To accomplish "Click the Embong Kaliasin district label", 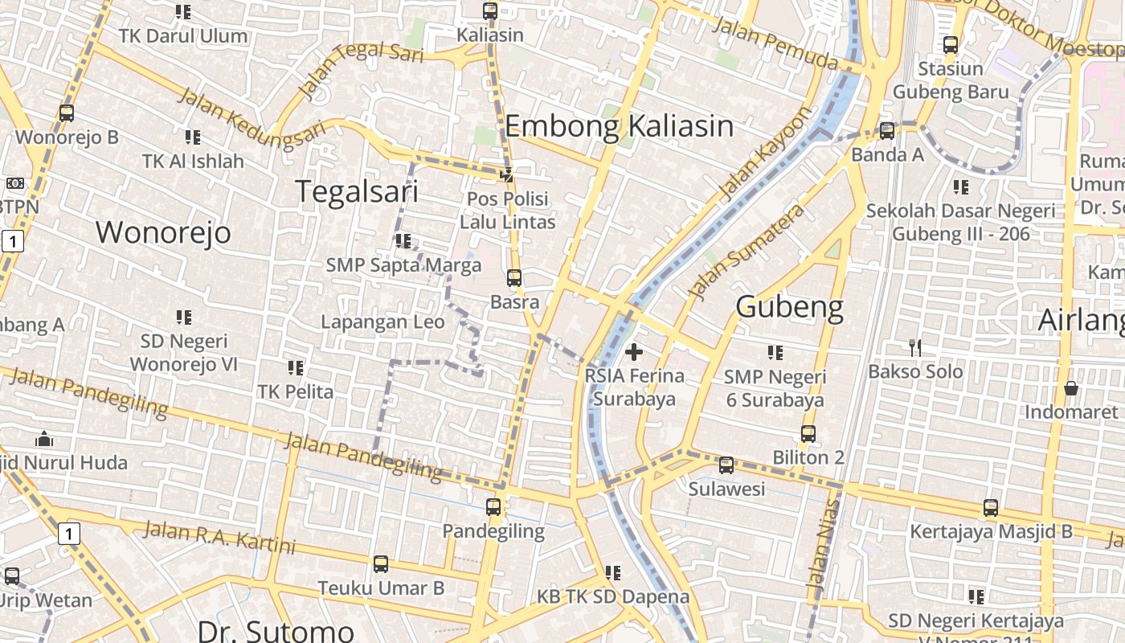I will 619,126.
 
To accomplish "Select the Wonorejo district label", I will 163,232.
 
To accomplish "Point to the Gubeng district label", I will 789,307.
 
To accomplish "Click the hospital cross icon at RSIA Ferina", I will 634,351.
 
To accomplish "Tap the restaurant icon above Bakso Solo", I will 914,347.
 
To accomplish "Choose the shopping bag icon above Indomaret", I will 1070,388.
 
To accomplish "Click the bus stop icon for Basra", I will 514,279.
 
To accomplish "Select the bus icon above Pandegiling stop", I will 493,507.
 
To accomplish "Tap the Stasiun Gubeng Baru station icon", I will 951,45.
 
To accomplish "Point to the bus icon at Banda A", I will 887,130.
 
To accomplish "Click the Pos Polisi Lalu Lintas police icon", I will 507,174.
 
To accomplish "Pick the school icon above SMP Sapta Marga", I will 403,240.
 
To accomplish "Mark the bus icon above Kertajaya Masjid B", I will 991,508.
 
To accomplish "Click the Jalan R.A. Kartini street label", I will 219,537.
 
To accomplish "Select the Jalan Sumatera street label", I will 747,250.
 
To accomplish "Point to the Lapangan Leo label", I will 382,322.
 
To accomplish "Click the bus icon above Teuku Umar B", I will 381,564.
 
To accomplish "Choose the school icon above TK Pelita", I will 295,368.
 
